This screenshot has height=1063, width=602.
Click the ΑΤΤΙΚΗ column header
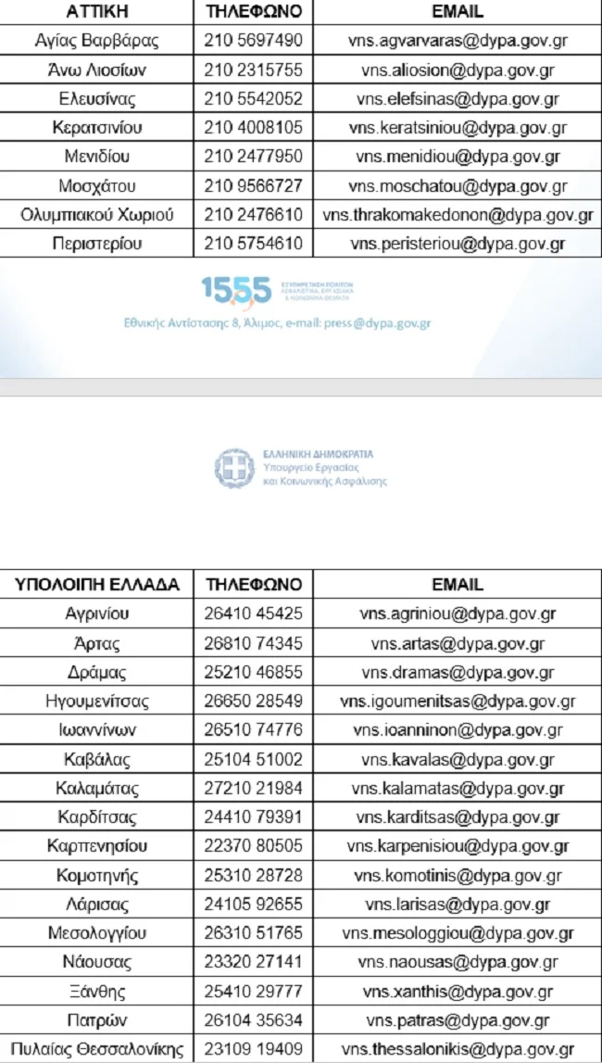tap(96, 12)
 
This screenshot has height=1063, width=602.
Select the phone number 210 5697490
tap(253, 41)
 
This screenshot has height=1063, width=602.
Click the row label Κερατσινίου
tap(97, 128)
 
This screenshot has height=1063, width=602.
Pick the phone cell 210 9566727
tap(253, 186)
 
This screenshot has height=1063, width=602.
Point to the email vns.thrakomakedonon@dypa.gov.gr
tap(458, 215)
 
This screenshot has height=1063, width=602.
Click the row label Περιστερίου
tap(97, 245)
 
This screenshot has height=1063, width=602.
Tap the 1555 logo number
tap(236, 291)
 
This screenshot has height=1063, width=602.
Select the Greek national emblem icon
tap(233, 468)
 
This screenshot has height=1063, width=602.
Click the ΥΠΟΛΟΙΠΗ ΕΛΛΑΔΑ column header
tap(96, 585)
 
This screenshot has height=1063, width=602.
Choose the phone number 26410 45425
tap(253, 614)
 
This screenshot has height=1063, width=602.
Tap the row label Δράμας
tap(97, 672)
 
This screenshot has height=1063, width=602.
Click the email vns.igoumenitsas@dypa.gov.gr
tap(458, 701)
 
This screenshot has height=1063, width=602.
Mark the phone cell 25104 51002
tap(253, 759)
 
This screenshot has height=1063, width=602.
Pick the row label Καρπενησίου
tap(97, 846)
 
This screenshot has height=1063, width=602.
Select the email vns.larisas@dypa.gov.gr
tap(458, 905)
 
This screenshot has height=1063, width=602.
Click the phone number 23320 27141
tap(253, 962)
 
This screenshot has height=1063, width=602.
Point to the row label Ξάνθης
tap(97, 992)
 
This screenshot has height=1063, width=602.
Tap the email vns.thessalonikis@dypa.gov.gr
tap(458, 1049)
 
